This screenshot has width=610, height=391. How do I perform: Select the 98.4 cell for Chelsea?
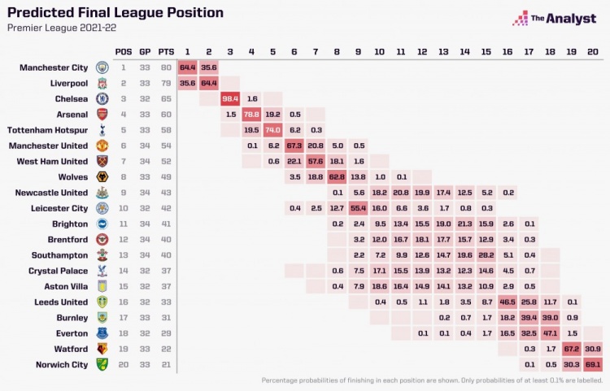tap(230, 98)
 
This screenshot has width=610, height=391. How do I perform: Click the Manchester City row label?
tap(54, 67)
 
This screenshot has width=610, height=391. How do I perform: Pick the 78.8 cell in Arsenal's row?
tap(251, 114)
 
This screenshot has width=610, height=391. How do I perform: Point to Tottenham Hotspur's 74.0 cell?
tap(272, 130)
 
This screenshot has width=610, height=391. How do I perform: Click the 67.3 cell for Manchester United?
tap(294, 146)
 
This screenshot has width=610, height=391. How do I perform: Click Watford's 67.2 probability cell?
tap(570, 349)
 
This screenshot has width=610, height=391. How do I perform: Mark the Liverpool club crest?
tap(102, 83)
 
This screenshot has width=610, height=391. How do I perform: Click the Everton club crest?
tap(102, 333)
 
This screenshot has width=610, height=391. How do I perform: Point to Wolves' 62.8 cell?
tap(337, 176)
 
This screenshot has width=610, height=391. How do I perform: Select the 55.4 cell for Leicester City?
tap(358, 208)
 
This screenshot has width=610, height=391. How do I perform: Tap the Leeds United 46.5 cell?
tap(507, 302)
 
